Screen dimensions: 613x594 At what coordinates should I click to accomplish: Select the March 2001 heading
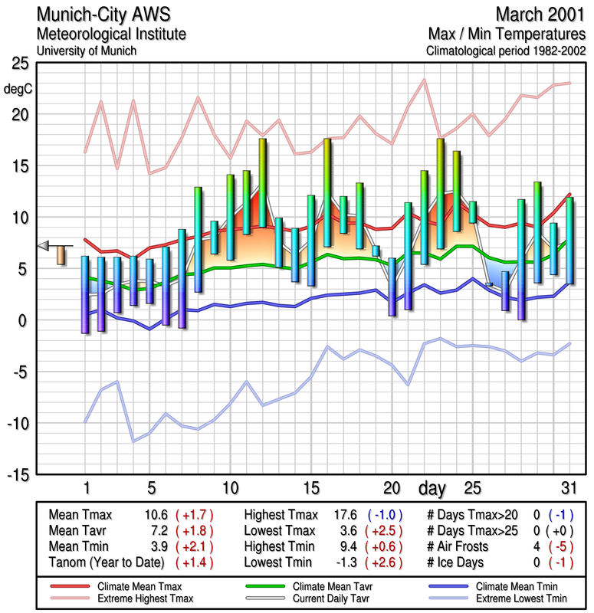pos(540,15)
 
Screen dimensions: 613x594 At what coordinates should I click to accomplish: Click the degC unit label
pos(18,89)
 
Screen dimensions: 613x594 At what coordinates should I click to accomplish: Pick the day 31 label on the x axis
pos(569,488)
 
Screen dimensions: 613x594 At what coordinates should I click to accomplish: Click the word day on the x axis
pos(435,488)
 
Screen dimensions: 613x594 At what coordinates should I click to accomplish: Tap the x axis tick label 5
pos(151,488)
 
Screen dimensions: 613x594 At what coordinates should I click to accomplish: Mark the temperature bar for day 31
pos(569,241)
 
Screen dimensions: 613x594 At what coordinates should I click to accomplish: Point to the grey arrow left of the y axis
pos(44,245)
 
